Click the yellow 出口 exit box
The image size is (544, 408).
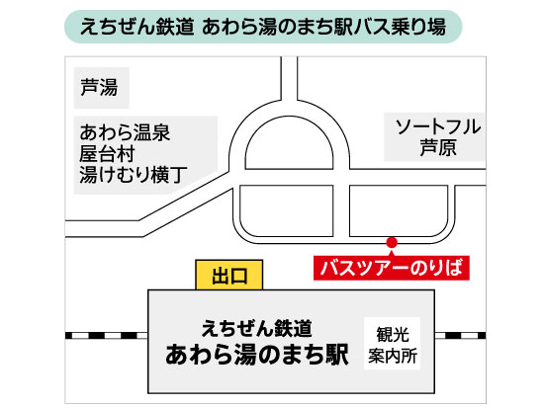click(x=229, y=275)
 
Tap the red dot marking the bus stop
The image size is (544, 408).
click(x=392, y=242)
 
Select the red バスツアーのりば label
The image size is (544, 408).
click(x=392, y=268)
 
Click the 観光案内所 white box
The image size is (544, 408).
click(x=392, y=343)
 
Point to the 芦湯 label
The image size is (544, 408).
click(x=99, y=87)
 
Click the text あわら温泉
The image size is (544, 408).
click(x=125, y=132)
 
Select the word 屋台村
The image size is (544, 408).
click(x=107, y=153)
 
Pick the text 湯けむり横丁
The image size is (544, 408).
click(x=134, y=174)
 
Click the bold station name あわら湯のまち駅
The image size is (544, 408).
click(x=257, y=355)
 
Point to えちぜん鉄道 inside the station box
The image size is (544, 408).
click(x=257, y=328)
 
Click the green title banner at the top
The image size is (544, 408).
click(x=263, y=27)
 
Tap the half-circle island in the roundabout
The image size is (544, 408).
click(x=289, y=147)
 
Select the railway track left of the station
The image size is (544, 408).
click(x=107, y=335)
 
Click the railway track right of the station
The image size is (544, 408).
click(x=460, y=335)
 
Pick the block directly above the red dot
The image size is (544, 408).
click(x=399, y=210)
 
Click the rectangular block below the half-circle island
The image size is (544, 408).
click(x=287, y=210)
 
